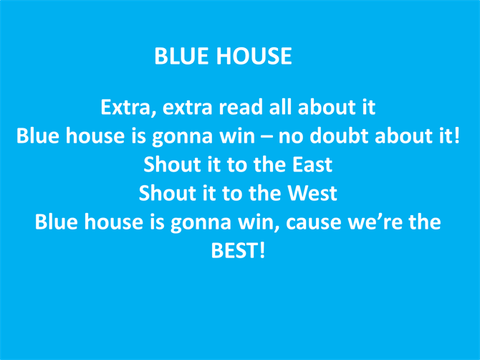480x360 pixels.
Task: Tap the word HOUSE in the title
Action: click(x=254, y=56)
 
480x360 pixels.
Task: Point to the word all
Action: click(x=281, y=108)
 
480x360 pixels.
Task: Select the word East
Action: click(x=312, y=165)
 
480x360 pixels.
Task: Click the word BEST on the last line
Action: click(x=234, y=250)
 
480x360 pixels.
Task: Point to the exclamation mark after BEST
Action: click(x=262, y=250)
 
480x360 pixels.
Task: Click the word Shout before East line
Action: click(x=172, y=165)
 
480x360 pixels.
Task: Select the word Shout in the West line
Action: click(x=167, y=194)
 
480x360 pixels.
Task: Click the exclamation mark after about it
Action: click(x=457, y=136)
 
